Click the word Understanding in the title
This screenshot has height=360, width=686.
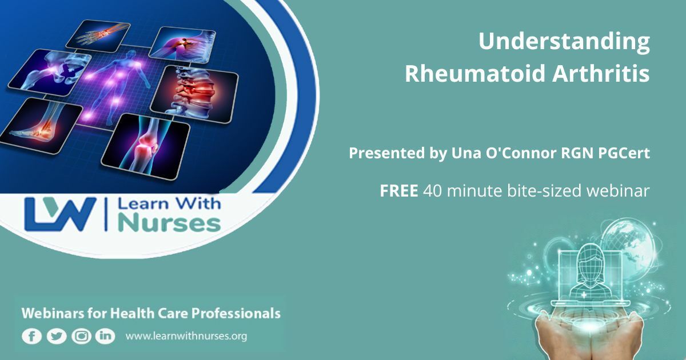click(564, 42)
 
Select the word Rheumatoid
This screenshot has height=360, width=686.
click(475, 74)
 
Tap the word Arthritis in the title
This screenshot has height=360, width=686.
click(601, 74)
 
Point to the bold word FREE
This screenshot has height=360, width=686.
click(399, 191)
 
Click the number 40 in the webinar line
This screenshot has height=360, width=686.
click(432, 191)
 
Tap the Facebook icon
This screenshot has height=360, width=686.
click(31, 336)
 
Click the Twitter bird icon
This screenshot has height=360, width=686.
click(57, 336)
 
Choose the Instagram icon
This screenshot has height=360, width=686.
click(81, 336)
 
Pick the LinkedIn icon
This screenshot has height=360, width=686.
click(105, 336)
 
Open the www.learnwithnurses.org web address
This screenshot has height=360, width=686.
click(186, 336)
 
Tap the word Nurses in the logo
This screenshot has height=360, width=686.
click(169, 224)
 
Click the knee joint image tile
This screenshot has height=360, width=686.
click(146, 146)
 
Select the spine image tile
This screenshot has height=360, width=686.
click(195, 94)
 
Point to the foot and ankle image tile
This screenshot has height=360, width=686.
click(41, 126)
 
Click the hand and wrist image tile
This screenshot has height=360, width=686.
click(98, 35)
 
